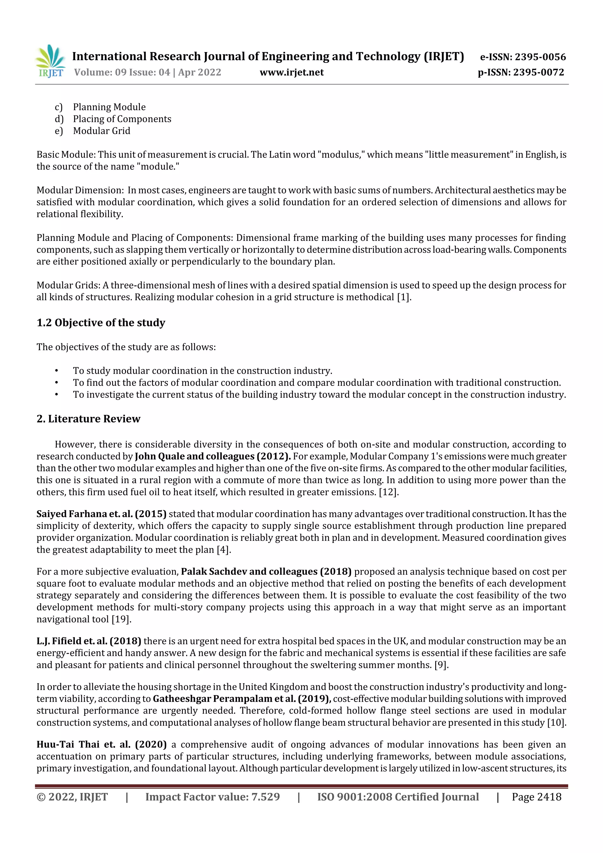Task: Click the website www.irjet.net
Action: (292, 72)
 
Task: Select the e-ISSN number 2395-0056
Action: (540, 57)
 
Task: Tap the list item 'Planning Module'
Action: (109, 107)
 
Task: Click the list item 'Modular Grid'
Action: (101, 131)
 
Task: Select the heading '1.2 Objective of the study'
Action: (101, 322)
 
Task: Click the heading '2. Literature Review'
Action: (88, 419)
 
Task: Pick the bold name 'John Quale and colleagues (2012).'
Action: (213, 456)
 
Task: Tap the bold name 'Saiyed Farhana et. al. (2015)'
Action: (101, 514)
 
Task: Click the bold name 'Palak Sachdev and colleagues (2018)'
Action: (266, 572)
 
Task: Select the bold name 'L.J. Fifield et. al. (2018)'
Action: (89, 641)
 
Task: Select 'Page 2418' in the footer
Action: (536, 796)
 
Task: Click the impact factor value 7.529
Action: (265, 796)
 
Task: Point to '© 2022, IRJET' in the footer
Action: (72, 796)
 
